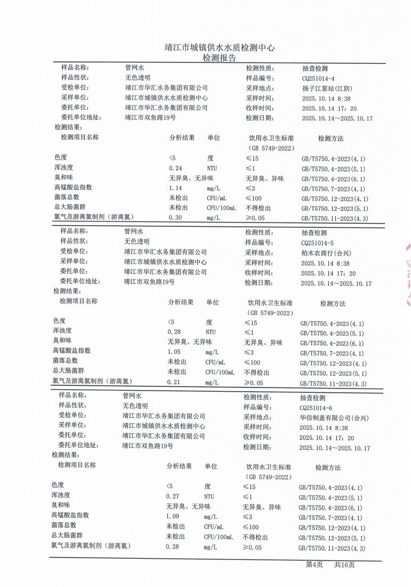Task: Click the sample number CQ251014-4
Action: click(318, 78)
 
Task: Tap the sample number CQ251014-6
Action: click(316, 407)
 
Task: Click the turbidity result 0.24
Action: click(175, 169)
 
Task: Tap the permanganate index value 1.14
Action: click(175, 188)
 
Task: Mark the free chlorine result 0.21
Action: click(174, 382)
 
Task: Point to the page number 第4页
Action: click(314, 565)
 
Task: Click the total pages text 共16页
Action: click(344, 565)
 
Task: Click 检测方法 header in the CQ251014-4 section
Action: click(331, 139)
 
